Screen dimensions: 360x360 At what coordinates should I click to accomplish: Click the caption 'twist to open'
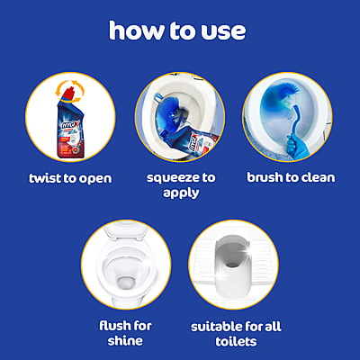(x=70, y=177)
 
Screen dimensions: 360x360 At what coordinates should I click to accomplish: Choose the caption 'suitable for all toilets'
(x=234, y=333)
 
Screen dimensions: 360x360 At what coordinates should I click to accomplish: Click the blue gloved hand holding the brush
(x=292, y=145)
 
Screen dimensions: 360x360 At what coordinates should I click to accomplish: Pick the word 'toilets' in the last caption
(x=234, y=341)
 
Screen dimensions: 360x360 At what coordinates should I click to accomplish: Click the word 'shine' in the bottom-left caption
(x=125, y=341)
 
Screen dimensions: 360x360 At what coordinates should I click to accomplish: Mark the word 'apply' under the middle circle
(x=179, y=193)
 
